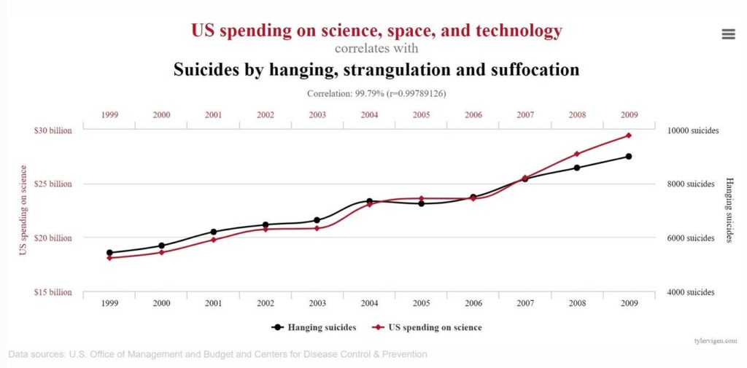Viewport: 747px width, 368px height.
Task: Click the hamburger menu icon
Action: tap(728, 34)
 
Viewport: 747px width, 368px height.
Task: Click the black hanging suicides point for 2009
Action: tap(628, 157)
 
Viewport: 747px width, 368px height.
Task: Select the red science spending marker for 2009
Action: tap(628, 136)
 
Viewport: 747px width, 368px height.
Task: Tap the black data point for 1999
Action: tap(109, 253)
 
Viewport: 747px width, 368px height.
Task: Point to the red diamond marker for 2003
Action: tap(317, 228)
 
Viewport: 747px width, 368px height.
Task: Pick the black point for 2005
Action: tap(421, 203)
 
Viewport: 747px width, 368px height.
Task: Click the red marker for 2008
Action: tap(576, 154)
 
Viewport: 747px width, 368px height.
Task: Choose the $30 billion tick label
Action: tap(53, 130)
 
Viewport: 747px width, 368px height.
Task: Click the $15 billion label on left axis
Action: tap(53, 292)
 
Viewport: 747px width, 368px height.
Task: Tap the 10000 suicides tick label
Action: tap(692, 130)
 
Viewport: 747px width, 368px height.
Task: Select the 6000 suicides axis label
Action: tap(690, 238)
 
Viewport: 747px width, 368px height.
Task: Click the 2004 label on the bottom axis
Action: tap(369, 303)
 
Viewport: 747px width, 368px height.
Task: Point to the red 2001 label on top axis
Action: tap(213, 115)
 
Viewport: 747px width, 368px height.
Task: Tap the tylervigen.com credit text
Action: tap(715, 340)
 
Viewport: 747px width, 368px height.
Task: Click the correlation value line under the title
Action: tap(376, 93)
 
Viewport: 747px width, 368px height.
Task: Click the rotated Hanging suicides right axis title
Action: tap(729, 210)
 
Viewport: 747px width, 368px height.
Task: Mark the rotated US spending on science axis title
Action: tap(23, 210)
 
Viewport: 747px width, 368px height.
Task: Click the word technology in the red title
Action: tap(522, 31)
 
